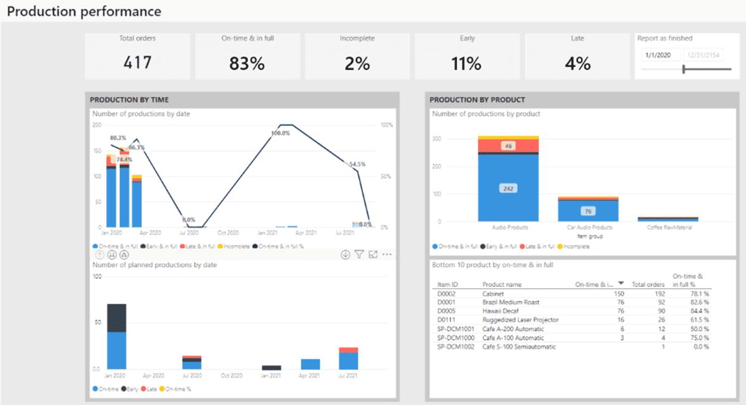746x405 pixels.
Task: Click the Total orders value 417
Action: tap(138, 62)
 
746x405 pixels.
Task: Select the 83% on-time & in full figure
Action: tap(247, 63)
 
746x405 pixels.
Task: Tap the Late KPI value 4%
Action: tap(577, 63)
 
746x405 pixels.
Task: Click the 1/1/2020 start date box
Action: tap(660, 55)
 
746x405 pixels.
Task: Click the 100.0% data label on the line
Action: tap(280, 133)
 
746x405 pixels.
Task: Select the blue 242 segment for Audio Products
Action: tap(507, 189)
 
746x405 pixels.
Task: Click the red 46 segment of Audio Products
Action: tap(507, 146)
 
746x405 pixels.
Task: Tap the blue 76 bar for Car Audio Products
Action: tap(588, 211)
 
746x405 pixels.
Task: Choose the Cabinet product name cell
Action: tap(493, 294)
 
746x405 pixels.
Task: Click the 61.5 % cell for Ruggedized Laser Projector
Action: tap(698, 321)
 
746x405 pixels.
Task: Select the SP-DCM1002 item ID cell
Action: tap(455, 347)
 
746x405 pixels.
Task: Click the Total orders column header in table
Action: tap(648, 284)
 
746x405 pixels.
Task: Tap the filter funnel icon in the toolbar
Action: tap(359, 255)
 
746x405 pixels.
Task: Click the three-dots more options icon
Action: tap(387, 255)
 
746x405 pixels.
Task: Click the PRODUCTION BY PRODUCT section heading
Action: tap(477, 100)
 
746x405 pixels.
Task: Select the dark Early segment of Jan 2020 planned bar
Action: tap(117, 317)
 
